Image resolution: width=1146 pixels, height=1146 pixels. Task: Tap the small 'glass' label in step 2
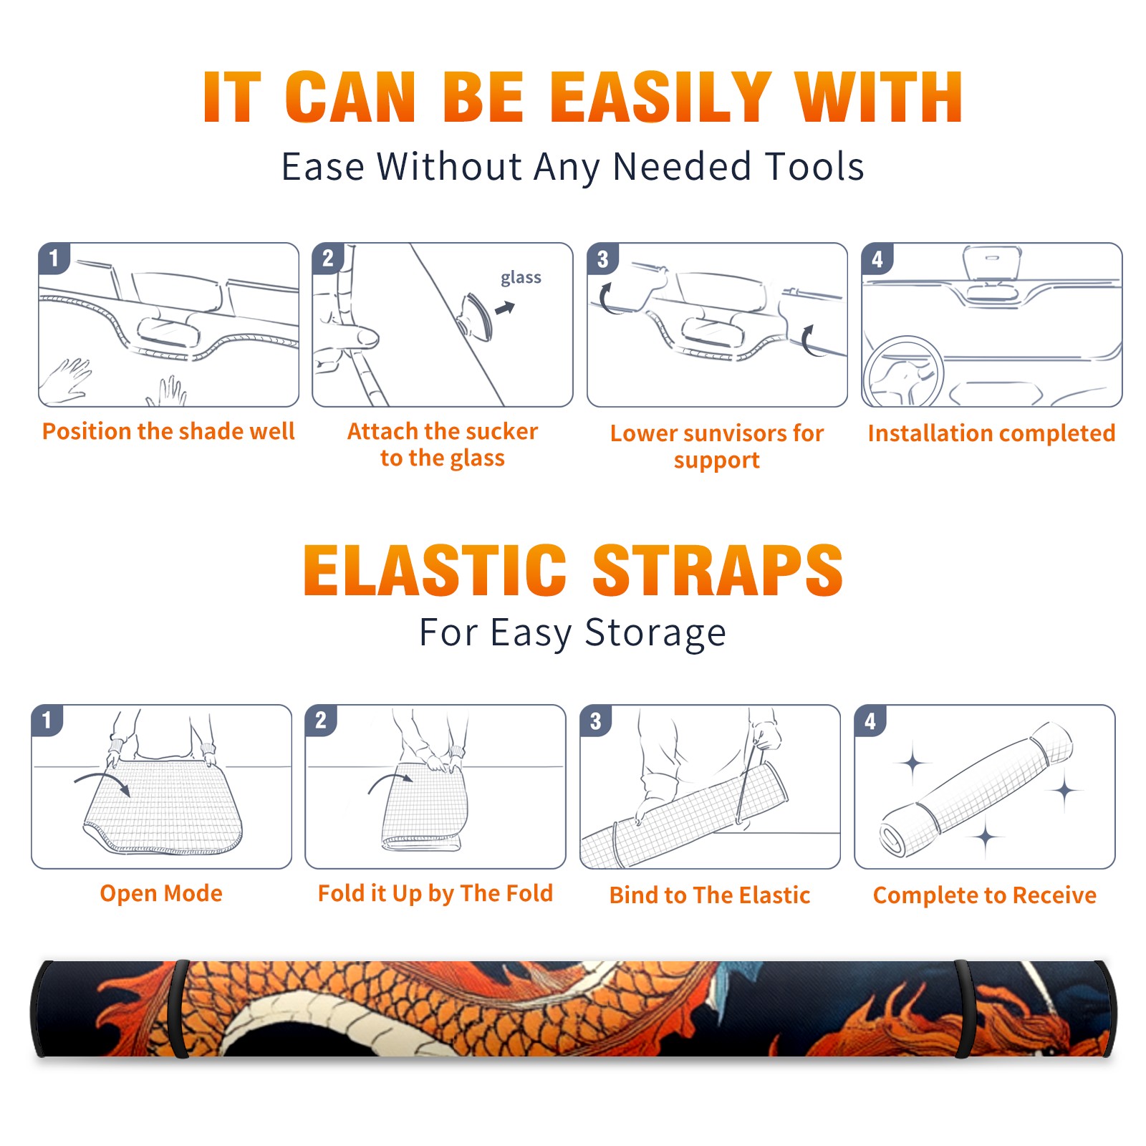pyautogui.click(x=521, y=278)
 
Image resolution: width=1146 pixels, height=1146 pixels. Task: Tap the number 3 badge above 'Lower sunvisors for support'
pyautogui.click(x=602, y=259)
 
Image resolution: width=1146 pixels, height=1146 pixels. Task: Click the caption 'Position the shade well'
pyautogui.click(x=168, y=431)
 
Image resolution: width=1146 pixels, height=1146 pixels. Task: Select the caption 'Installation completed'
pyautogui.click(x=991, y=433)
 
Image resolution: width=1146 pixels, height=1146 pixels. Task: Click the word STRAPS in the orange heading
pyautogui.click(x=718, y=570)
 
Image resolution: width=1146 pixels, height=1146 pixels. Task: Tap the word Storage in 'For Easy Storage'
pyautogui.click(x=655, y=633)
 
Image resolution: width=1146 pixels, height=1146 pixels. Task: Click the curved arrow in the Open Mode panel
pyautogui.click(x=102, y=780)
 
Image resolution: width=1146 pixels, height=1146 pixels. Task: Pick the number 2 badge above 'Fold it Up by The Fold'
pyautogui.click(x=321, y=720)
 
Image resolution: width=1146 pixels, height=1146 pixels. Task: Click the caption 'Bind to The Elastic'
pyautogui.click(x=709, y=895)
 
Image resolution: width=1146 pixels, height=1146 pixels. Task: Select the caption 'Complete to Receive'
pyautogui.click(x=984, y=895)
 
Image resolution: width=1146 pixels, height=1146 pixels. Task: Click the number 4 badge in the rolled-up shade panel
pyautogui.click(x=870, y=721)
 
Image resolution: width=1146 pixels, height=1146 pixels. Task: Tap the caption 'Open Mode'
pyautogui.click(x=161, y=894)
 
